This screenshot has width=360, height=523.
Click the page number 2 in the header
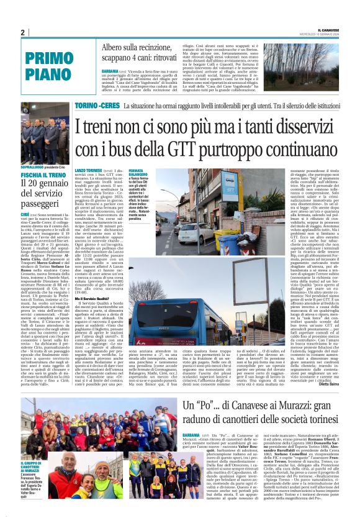[x=22, y=32]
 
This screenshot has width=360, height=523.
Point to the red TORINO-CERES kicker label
[x=97, y=107]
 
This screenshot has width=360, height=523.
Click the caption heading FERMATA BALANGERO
[x=137, y=171]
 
